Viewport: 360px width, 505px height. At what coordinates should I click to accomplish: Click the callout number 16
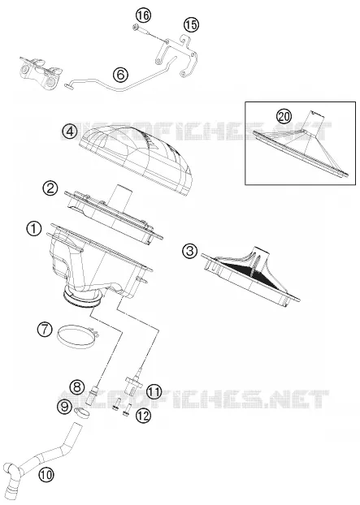[x=143, y=15]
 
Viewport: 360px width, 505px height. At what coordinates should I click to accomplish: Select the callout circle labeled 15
[x=192, y=24]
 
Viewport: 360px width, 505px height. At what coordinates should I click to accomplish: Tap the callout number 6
[x=120, y=75]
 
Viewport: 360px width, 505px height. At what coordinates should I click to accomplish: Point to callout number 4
[x=70, y=132]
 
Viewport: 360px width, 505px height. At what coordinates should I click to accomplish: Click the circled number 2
[x=50, y=188]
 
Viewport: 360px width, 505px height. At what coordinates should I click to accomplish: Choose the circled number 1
[x=34, y=229]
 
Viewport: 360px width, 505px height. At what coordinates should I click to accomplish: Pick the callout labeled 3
[x=190, y=251]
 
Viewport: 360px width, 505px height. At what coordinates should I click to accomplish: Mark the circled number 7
[x=45, y=330]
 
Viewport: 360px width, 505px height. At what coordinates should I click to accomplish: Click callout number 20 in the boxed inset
[x=284, y=116]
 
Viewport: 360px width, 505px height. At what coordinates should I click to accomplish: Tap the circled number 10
[x=46, y=474]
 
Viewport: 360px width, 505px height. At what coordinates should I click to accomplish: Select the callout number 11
[x=154, y=392]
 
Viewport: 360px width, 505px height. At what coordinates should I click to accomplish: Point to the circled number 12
[x=143, y=416]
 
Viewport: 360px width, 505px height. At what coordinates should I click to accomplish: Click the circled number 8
[x=77, y=386]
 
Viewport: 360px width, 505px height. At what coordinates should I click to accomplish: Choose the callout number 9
[x=66, y=407]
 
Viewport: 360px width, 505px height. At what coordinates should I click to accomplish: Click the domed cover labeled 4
[x=137, y=158]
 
